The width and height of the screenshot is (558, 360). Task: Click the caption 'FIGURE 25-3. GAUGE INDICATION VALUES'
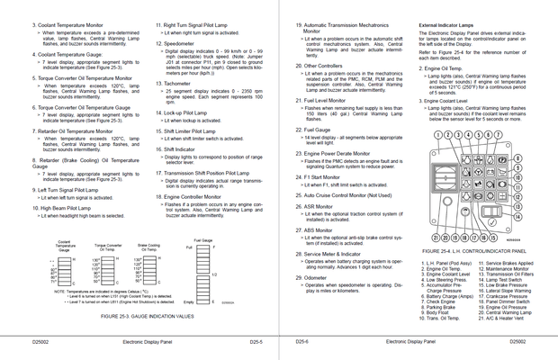pyautogui.click(x=146, y=318)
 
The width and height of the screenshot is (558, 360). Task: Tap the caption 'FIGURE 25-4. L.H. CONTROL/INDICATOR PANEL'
pyautogui.click(x=472, y=251)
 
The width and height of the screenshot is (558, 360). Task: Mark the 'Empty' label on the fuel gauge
pyautogui.click(x=188, y=301)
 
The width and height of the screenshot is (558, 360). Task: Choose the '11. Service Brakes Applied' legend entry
pyautogui.click(x=507, y=262)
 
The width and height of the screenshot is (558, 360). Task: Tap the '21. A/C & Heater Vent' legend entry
pyautogui.click(x=506, y=318)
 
